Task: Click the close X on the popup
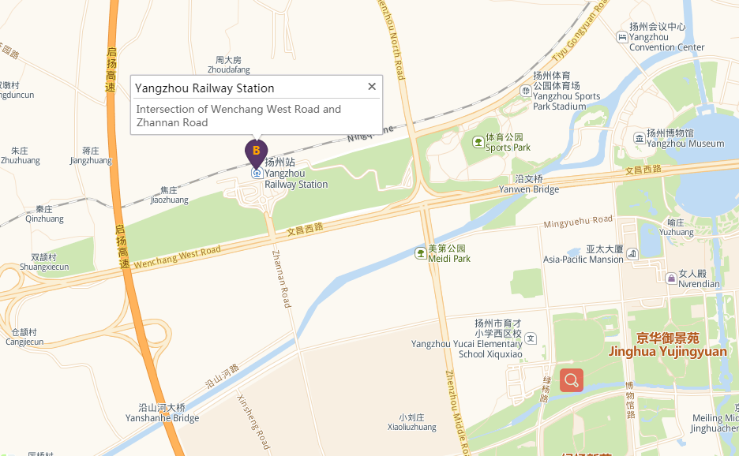tap(372, 87)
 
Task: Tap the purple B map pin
tap(256, 151)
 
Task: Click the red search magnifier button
tap(572, 380)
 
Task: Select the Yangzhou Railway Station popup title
tap(204, 88)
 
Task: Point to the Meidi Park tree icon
tap(421, 253)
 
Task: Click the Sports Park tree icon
tap(478, 142)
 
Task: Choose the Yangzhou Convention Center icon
tap(622, 37)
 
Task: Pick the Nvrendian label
tap(699, 284)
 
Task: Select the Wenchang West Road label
tap(177, 257)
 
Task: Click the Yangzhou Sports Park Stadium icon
tap(526, 91)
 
